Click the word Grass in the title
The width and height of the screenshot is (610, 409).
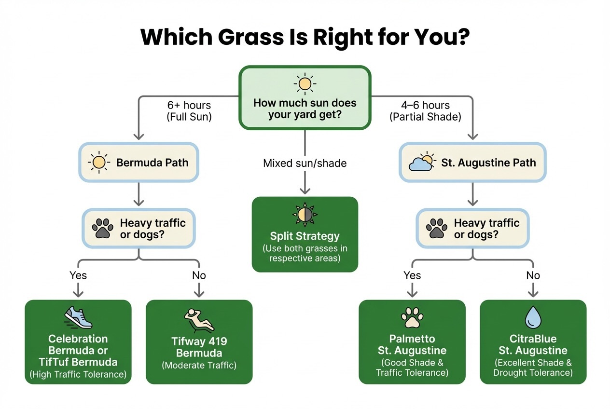click(242, 37)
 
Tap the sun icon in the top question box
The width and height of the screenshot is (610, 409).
click(305, 84)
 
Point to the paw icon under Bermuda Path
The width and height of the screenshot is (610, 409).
click(104, 228)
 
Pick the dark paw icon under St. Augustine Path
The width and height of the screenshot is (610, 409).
click(438, 228)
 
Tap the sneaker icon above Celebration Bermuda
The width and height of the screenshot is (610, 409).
click(78, 318)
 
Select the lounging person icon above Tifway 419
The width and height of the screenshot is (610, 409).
click(199, 320)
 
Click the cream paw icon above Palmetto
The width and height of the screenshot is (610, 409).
click(412, 318)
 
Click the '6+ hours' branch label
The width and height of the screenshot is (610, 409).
click(189, 105)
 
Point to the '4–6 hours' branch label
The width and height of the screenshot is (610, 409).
click(425, 105)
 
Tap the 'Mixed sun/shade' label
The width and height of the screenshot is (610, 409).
click(305, 163)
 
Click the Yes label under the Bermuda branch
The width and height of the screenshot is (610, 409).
click(78, 275)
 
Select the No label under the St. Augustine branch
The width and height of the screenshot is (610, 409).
click(533, 275)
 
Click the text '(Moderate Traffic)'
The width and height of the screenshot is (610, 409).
click(199, 365)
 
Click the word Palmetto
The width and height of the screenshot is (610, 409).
click(412, 339)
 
